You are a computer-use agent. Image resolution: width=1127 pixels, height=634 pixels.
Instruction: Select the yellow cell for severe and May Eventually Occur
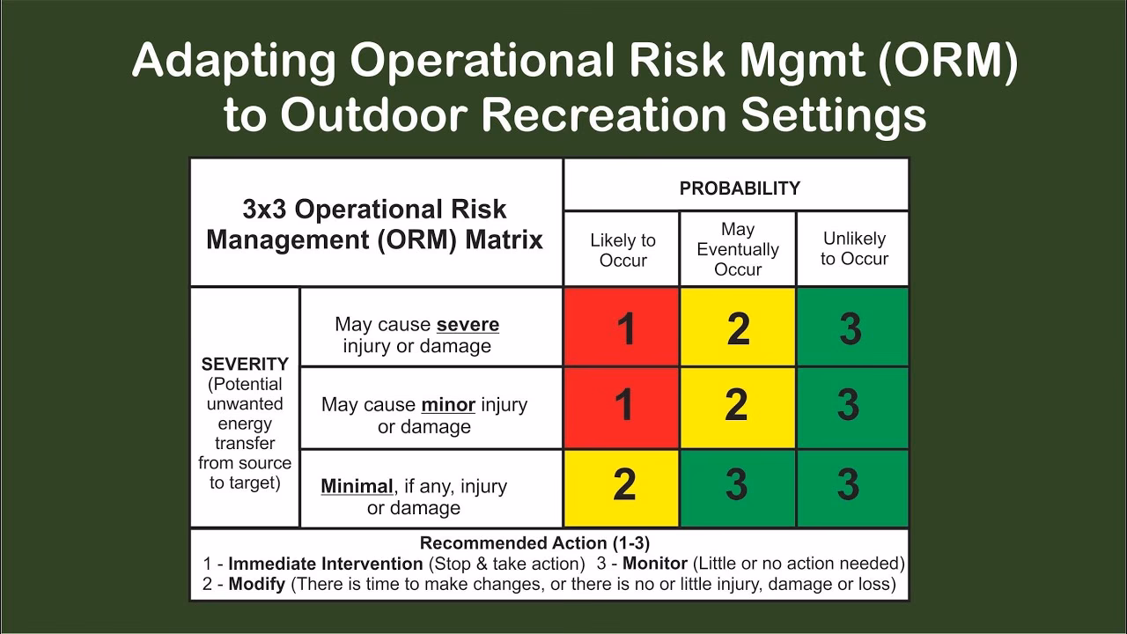pyautogui.click(x=738, y=327)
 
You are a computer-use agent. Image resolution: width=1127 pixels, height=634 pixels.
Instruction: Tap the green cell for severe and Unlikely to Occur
pyautogui.click(x=851, y=327)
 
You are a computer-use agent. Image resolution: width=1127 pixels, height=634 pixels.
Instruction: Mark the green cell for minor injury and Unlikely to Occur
pyautogui.click(x=851, y=407)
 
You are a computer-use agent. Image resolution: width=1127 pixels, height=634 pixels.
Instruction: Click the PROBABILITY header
pyautogui.click(x=740, y=188)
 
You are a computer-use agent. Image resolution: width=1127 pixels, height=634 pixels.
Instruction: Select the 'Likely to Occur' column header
pyautogui.click(x=622, y=250)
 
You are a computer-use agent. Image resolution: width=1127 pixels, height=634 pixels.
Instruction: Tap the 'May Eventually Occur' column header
pyautogui.click(x=738, y=249)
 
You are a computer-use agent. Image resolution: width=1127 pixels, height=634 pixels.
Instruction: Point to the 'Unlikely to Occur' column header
pyautogui.click(x=854, y=248)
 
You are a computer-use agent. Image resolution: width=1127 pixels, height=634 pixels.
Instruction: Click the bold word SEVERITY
pyautogui.click(x=245, y=364)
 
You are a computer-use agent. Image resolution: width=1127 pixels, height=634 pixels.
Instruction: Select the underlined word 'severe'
pyautogui.click(x=468, y=324)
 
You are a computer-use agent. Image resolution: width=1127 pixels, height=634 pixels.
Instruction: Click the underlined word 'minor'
pyautogui.click(x=448, y=405)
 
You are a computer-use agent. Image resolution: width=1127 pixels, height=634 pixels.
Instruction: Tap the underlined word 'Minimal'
pyautogui.click(x=357, y=486)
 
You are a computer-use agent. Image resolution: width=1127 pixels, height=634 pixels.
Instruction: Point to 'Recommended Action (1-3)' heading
pyautogui.click(x=534, y=543)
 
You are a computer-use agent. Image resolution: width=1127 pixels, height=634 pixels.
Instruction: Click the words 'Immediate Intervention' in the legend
pyautogui.click(x=326, y=564)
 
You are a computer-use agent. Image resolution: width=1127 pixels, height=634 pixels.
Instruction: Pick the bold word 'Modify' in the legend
pyautogui.click(x=256, y=584)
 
